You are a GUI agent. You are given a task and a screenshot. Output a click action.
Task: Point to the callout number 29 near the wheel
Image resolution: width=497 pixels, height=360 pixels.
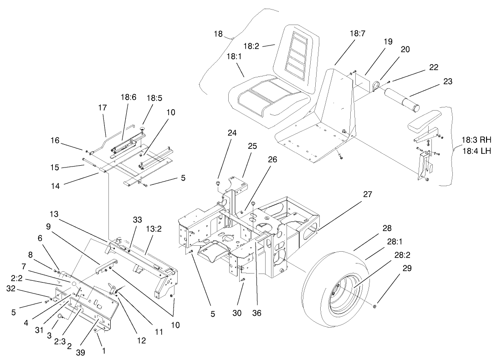tap(407, 269)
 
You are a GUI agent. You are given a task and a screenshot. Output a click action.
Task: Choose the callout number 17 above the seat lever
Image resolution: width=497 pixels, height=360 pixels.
tap(102, 108)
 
